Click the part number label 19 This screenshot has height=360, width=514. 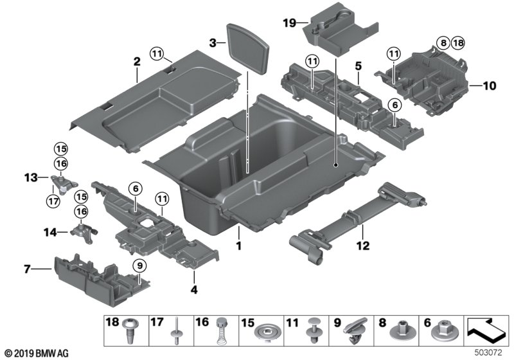[x=290, y=23]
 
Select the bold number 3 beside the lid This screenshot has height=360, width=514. [x=211, y=42]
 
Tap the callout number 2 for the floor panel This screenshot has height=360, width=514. [x=136, y=62]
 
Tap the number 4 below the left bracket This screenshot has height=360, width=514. [x=193, y=290]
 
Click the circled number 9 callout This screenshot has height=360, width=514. [x=137, y=264]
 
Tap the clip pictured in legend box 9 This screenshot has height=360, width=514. [x=357, y=333]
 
